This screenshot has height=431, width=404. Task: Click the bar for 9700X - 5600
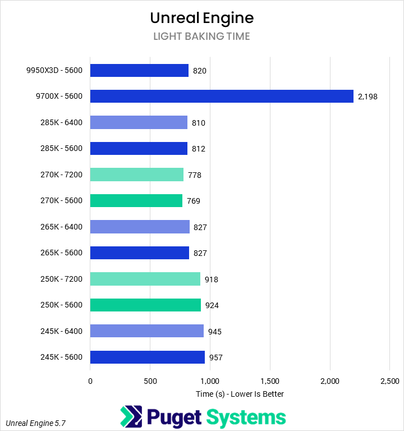point(222,97)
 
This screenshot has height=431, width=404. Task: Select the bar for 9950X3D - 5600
point(139,70)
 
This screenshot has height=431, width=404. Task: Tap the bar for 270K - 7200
point(136,175)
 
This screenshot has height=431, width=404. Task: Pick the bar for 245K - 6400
point(146,331)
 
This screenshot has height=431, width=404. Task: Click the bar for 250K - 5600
point(145,305)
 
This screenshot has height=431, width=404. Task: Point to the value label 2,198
point(368,97)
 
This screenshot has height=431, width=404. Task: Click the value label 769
point(194,201)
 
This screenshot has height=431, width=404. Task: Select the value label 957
point(216,357)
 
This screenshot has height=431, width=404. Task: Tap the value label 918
point(212,279)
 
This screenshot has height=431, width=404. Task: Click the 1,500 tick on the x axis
point(270,382)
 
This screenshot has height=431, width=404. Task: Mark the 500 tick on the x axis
point(150,382)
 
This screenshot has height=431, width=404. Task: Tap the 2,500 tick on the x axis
point(390,382)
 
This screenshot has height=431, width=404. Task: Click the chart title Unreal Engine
point(202,18)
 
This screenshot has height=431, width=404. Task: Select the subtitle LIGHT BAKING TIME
point(202,36)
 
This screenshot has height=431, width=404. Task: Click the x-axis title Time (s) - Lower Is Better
point(240,394)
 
